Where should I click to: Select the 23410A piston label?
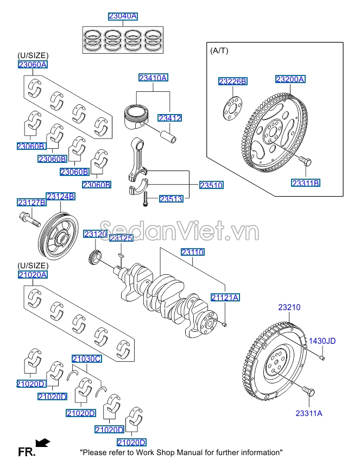point(153,78)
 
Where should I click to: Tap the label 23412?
point(169,118)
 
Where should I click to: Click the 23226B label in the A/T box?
point(233,81)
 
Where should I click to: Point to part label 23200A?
point(290,79)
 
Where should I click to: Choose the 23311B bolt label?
point(306,183)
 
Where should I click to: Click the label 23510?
point(211,185)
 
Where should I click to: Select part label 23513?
point(170,199)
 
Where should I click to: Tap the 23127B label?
point(31,203)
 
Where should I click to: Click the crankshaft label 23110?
point(192,252)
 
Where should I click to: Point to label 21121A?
point(225,297)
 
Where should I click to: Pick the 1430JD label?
point(323,341)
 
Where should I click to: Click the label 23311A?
point(309,413)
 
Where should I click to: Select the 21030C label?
point(87,358)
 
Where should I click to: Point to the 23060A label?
point(33,65)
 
